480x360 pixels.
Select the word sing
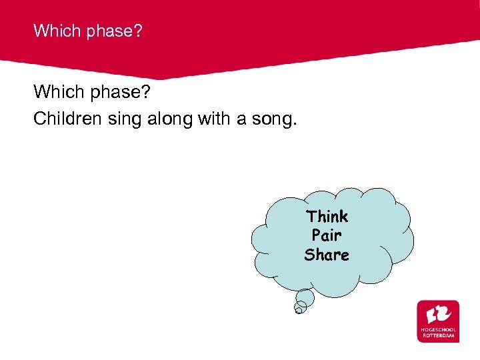pos(122,119)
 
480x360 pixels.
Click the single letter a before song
pos(243,119)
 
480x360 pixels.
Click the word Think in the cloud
pos(327,217)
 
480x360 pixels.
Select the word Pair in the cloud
pos(327,235)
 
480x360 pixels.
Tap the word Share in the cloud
pos(327,255)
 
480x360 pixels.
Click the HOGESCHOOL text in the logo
pos(438,329)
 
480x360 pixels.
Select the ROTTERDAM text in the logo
pos(438,335)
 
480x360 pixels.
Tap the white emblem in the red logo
pos(438,313)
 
